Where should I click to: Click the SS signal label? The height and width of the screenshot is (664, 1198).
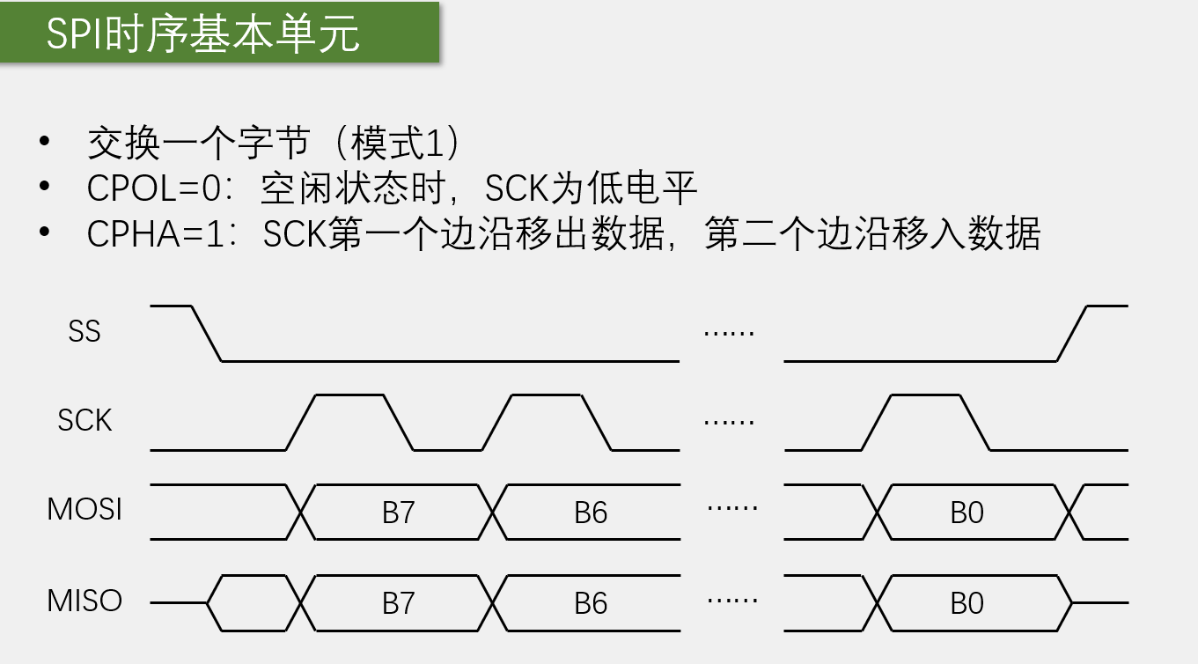[85, 332]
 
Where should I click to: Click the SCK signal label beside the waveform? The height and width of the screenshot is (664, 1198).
[85, 420]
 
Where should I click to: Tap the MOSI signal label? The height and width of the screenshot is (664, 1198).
[85, 509]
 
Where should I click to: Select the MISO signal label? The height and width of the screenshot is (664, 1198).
[85, 601]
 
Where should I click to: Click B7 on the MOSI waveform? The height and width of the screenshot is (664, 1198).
[398, 513]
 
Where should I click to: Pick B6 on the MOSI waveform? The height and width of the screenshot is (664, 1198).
[591, 513]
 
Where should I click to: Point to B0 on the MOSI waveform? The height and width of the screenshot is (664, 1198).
[966, 513]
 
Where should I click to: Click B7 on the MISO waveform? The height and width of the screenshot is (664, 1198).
[398, 603]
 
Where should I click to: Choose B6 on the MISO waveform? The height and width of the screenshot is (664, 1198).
[591, 603]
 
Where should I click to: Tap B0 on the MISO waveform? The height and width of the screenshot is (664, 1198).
[966, 603]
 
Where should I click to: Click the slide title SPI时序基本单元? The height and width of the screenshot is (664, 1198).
[203, 36]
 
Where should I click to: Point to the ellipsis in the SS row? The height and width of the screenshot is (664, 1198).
[730, 333]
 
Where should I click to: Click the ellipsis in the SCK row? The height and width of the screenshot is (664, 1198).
[730, 421]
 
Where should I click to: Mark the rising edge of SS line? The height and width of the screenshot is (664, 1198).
[1072, 334]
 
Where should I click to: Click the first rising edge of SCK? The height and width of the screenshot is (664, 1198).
[300, 423]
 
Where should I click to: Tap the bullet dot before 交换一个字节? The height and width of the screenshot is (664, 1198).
[44, 143]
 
